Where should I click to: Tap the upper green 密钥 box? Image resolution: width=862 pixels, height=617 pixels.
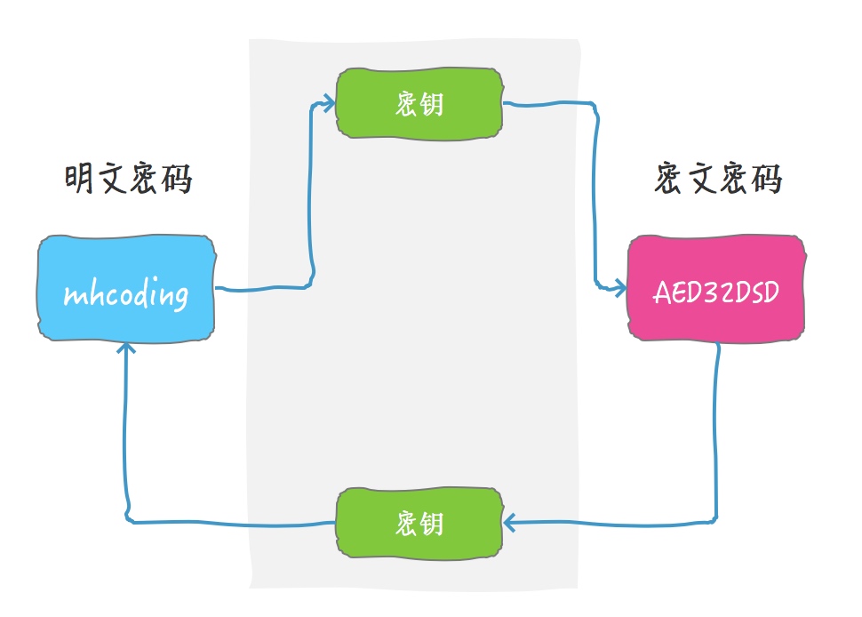tap(419, 104)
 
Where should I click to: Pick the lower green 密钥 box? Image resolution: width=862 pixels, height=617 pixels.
tap(419, 523)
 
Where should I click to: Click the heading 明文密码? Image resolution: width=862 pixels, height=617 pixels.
tap(129, 180)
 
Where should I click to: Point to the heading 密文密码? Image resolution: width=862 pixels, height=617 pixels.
tap(717, 180)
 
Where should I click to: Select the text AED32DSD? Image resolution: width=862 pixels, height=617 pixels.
tap(716, 292)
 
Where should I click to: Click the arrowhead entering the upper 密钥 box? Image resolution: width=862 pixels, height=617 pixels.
tap(331, 105)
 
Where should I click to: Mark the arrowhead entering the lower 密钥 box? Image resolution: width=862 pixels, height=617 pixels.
tap(509, 522)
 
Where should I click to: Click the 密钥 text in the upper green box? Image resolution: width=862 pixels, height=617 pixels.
tap(419, 105)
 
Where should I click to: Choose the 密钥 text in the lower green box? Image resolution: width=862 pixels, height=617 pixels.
tap(419, 524)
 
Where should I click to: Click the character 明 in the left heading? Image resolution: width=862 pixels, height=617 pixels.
tap(80, 180)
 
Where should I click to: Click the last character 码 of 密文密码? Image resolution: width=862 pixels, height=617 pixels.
tap(766, 180)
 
